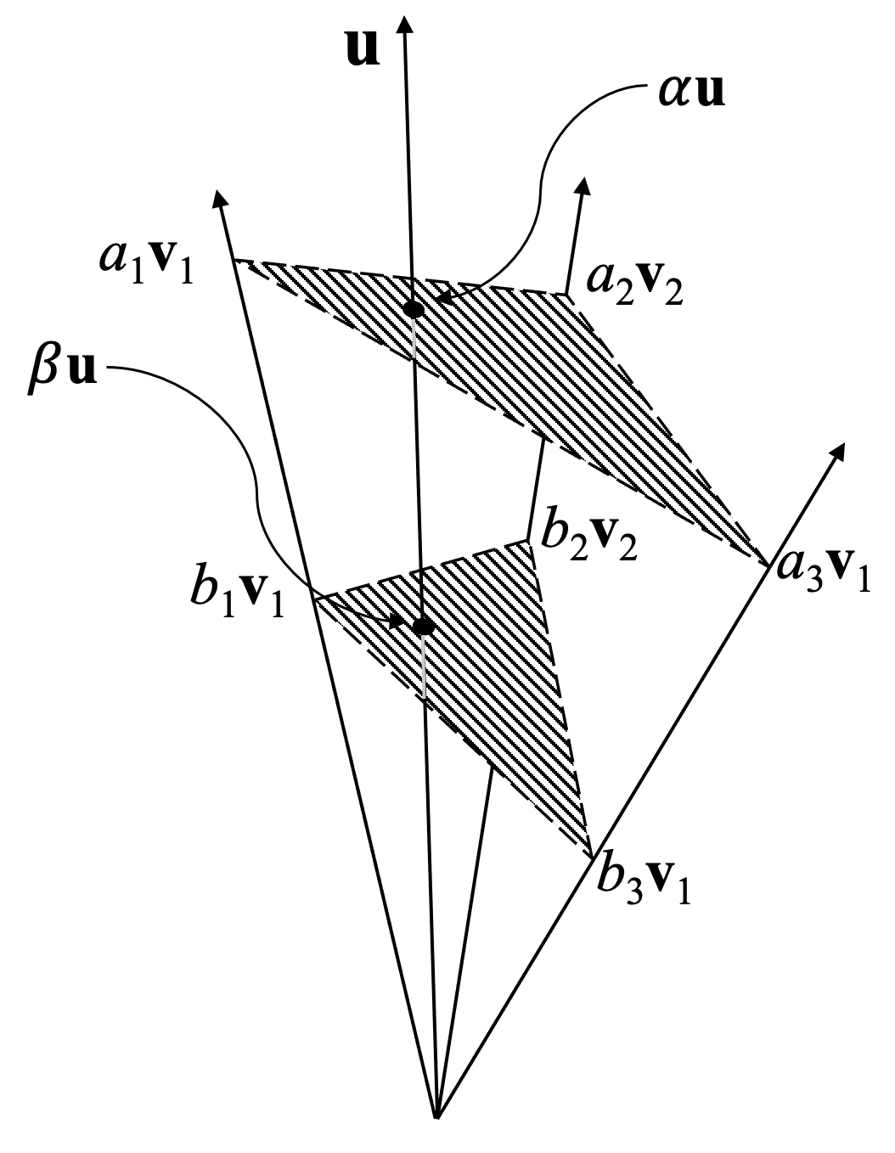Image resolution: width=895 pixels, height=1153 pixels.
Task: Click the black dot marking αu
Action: tap(414, 310)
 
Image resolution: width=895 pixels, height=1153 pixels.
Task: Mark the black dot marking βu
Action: tap(422, 627)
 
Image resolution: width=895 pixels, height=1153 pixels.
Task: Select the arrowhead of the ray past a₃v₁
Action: tap(840, 451)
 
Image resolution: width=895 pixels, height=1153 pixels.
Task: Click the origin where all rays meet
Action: tap(436, 1116)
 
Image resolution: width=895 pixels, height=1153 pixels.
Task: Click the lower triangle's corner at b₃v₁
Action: tap(591, 857)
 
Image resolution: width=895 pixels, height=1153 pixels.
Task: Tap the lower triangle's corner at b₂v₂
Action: tap(528, 541)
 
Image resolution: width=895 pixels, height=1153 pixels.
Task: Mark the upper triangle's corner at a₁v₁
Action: tap(235, 260)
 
